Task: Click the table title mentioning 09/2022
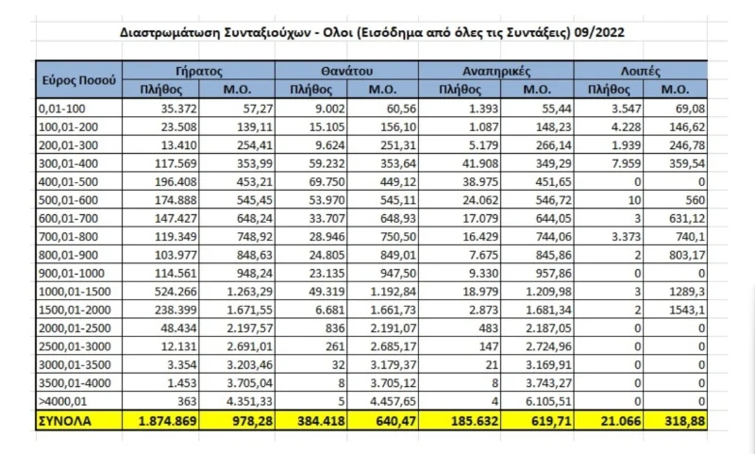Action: tap(372, 32)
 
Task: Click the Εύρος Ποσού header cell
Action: tap(79, 80)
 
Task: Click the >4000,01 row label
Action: tap(61, 403)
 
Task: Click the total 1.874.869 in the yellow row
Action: tap(162, 421)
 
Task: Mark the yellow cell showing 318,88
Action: tap(677, 421)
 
